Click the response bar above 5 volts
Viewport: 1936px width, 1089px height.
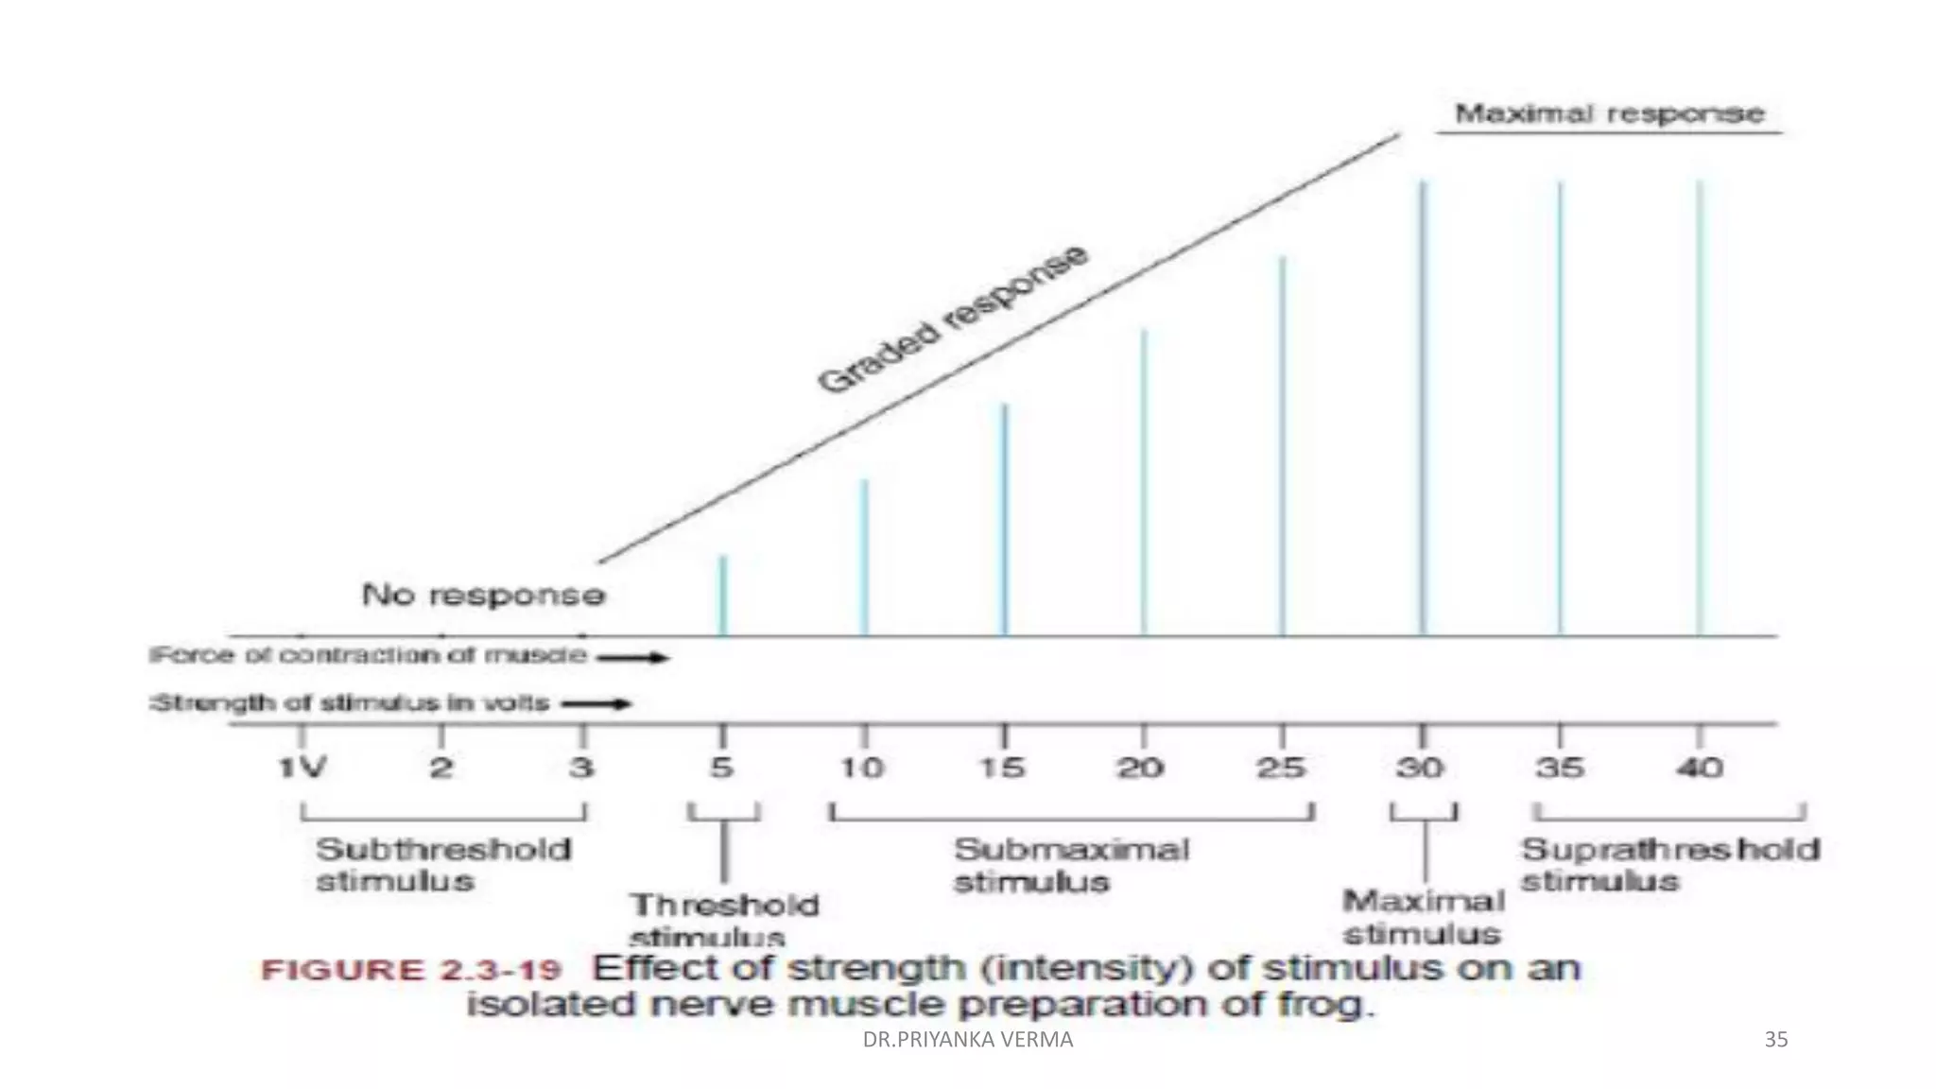click(723, 596)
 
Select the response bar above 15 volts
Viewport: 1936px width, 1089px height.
click(1005, 520)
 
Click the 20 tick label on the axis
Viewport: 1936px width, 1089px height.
click(1142, 767)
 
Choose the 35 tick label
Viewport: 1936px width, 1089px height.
click(1560, 767)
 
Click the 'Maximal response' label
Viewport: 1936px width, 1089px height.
click(1609, 114)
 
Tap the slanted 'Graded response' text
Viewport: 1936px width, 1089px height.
click(953, 319)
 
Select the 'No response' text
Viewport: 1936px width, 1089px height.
click(483, 595)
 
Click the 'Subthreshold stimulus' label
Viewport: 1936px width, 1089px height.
click(442, 864)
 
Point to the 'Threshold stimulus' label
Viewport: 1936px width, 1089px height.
click(723, 920)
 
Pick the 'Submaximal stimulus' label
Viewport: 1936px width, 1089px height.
click(1070, 864)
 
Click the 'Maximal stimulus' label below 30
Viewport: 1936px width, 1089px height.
click(1423, 917)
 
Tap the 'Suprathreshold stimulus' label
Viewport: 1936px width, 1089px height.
click(1669, 864)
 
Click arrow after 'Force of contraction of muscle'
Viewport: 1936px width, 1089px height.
click(632, 657)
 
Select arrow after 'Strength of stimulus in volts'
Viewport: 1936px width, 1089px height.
click(596, 703)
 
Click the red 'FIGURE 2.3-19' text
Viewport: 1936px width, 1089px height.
click(411, 971)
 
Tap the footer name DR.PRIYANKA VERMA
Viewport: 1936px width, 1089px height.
click(968, 1040)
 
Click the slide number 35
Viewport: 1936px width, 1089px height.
click(1775, 1040)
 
